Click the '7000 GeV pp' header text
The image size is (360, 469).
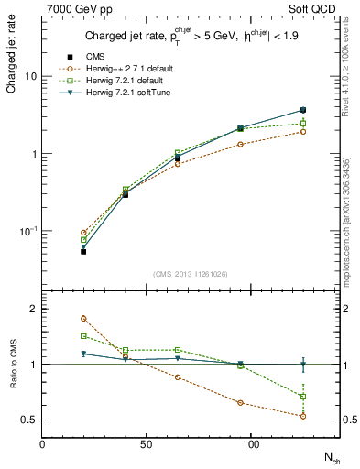click(75, 9)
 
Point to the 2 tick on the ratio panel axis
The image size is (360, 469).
click(34, 310)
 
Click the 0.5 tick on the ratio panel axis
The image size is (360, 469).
click(30, 420)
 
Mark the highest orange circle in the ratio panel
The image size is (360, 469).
click(83, 319)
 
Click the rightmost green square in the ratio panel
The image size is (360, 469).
click(303, 397)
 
